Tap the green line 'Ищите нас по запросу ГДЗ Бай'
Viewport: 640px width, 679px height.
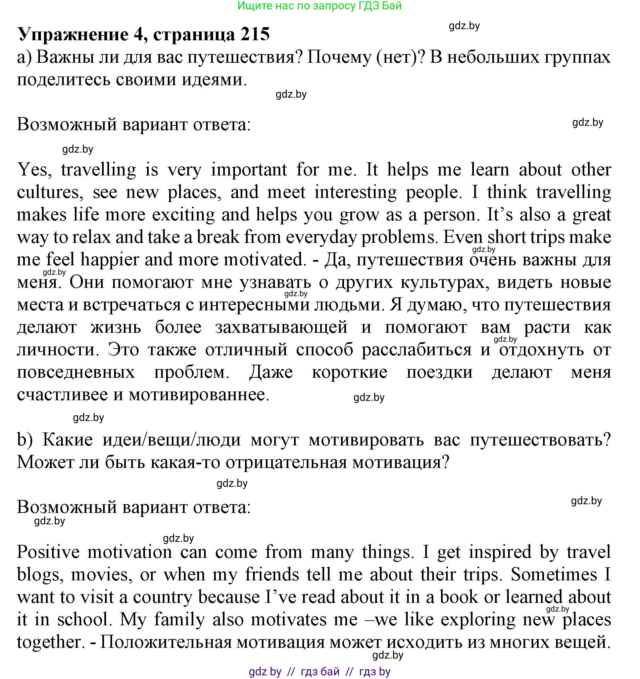tap(319, 6)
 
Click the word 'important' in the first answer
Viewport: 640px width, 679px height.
tap(249, 170)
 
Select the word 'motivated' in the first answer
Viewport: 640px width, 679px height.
tap(263, 260)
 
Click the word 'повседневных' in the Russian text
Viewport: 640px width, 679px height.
tap(76, 372)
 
